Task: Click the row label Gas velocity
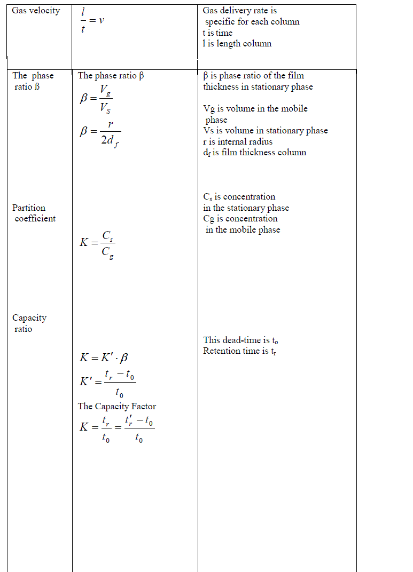point(36,11)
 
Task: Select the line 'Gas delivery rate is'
point(240,11)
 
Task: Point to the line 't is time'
point(217,33)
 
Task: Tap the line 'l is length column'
point(237,44)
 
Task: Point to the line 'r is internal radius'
point(238,141)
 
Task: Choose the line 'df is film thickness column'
point(254,153)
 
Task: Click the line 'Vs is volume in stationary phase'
point(265,131)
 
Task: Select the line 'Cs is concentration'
point(239,196)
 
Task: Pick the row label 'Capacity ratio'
point(29,323)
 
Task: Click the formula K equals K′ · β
point(104,358)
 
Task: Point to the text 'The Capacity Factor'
point(117,406)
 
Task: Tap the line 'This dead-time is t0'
point(240,340)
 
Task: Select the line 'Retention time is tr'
point(239,351)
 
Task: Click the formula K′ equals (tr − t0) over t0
point(107,383)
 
